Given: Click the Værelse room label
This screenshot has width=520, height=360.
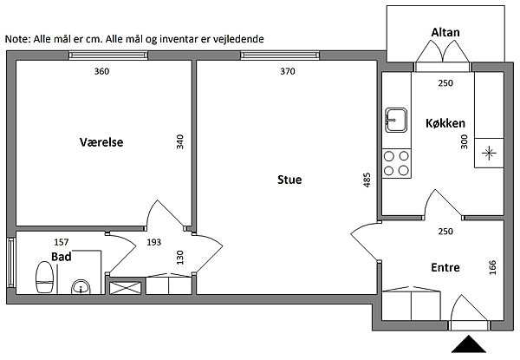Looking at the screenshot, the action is click(101, 142).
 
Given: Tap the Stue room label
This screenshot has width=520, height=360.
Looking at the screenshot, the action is click(289, 180).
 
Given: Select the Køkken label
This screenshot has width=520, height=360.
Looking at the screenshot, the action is click(445, 123).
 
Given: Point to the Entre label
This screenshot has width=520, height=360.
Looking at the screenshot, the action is click(445, 267).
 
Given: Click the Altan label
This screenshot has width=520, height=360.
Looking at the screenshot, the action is click(445, 32).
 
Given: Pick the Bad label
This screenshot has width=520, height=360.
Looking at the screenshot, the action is click(62, 257).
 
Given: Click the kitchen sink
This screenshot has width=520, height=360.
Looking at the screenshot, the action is click(396, 120).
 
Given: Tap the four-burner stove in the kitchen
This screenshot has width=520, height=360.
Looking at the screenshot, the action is click(396, 163).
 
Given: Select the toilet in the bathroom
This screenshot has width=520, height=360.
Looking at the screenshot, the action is click(44, 277).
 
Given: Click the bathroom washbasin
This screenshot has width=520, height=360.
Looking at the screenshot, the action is click(81, 287).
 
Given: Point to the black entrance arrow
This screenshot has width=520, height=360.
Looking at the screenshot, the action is click(469, 344).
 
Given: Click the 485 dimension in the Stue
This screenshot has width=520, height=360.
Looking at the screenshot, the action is click(367, 180).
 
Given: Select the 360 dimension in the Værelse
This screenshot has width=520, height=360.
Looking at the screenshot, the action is click(101, 71).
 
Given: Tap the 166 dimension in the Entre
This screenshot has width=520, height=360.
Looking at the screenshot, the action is click(492, 267).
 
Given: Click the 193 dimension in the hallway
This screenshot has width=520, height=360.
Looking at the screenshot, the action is click(154, 242).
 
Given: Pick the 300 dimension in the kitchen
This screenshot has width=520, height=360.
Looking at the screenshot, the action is click(465, 141).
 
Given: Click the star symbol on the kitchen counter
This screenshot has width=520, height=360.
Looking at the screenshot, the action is click(489, 153).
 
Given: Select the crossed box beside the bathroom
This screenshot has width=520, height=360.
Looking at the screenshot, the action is click(125, 288).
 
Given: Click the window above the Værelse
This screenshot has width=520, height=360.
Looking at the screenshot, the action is click(108, 56).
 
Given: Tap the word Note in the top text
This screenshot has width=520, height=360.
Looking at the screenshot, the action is click(17, 39).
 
